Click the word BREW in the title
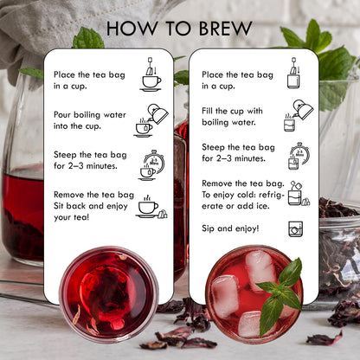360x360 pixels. [225, 29]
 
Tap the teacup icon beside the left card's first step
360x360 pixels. [151, 74]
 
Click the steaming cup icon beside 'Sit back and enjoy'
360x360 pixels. [151, 207]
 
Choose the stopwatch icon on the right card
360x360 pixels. [299, 156]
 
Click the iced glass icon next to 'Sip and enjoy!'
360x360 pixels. [296, 229]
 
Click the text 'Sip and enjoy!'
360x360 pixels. [230, 228]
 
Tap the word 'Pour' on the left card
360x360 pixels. [62, 115]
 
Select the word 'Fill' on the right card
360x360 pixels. [207, 111]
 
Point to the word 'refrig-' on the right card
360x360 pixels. [271, 195]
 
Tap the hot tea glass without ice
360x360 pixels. [109, 294]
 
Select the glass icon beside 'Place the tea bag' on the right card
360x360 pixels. [294, 73]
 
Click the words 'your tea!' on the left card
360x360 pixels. [72, 217]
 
